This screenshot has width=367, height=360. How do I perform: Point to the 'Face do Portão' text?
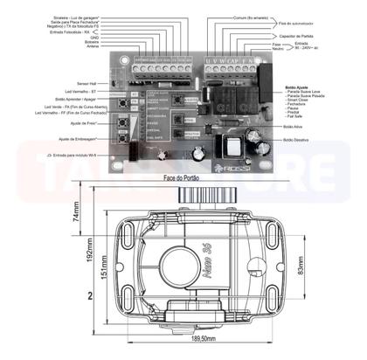(182, 178)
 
